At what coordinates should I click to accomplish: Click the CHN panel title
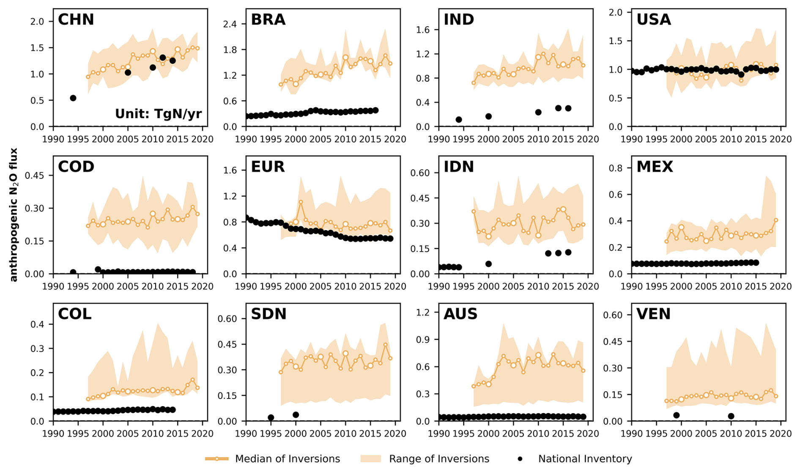pyautogui.click(x=76, y=20)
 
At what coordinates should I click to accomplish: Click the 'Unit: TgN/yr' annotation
pyautogui.click(x=158, y=114)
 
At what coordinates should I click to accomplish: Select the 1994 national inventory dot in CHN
pyautogui.click(x=73, y=98)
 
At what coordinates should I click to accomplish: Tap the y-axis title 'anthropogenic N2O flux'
pyautogui.click(x=14, y=214)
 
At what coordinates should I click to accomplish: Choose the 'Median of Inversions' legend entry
pyautogui.click(x=273, y=459)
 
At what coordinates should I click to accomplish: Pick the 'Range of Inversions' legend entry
pyautogui.click(x=425, y=459)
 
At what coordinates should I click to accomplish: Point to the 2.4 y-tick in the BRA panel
pyautogui.click(x=230, y=24)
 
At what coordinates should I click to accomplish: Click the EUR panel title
pyautogui.click(x=268, y=167)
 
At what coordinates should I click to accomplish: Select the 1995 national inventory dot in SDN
pyautogui.click(x=271, y=418)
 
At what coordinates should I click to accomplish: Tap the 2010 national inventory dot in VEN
pyautogui.click(x=731, y=416)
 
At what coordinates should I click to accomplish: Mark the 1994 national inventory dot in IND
pyautogui.click(x=459, y=120)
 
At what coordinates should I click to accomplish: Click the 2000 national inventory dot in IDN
pyautogui.click(x=489, y=264)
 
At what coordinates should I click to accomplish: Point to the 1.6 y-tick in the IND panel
pyautogui.click(x=423, y=30)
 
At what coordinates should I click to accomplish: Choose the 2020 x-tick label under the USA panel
pyautogui.click(x=781, y=139)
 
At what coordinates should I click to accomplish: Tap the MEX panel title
pyautogui.click(x=654, y=167)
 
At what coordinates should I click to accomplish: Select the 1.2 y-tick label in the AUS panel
pyautogui.click(x=423, y=313)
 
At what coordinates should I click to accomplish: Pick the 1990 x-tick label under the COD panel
pyautogui.click(x=53, y=286)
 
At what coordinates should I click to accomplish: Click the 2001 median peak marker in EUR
pyautogui.click(x=301, y=202)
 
